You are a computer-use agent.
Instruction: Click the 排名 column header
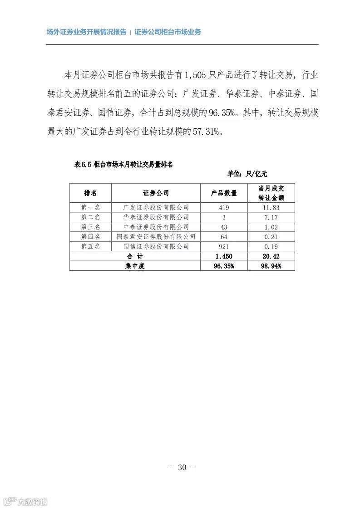pyautogui.click(x=90, y=193)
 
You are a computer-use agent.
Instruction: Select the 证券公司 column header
pyautogui.click(x=156, y=193)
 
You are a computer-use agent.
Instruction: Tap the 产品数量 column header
pyautogui.click(x=224, y=193)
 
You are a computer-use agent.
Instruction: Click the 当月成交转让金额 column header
pyautogui.click(x=271, y=193)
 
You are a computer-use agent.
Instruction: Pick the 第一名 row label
pyautogui.click(x=90, y=207)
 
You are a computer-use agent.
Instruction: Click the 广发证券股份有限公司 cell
pyautogui.click(x=156, y=207)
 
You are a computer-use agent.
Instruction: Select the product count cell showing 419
pyautogui.click(x=224, y=207)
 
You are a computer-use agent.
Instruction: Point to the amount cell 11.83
pyautogui.click(x=271, y=207)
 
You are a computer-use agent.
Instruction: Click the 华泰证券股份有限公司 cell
pyautogui.click(x=156, y=217)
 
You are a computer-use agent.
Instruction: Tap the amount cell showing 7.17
pyautogui.click(x=271, y=217)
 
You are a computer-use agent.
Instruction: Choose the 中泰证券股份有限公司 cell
pyautogui.click(x=156, y=227)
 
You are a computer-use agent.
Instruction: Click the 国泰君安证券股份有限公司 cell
pyautogui.click(x=156, y=237)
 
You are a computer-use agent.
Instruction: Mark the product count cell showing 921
pyautogui.click(x=224, y=246)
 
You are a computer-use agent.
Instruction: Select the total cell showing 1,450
pyautogui.click(x=224, y=256)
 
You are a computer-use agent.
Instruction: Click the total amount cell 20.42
pyautogui.click(x=271, y=256)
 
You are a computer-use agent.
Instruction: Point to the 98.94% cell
pyautogui.click(x=271, y=266)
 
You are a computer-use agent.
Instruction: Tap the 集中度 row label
pyautogui.click(x=135, y=266)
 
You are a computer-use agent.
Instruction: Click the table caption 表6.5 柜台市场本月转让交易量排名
pyautogui.click(x=123, y=165)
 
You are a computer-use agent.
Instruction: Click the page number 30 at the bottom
pyautogui.click(x=182, y=467)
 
